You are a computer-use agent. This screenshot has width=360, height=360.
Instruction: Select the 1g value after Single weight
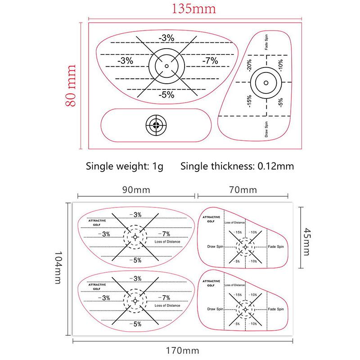[157, 166]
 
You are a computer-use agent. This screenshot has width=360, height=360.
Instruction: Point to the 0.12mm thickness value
[276, 166]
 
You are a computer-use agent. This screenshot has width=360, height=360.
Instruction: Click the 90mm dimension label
[136, 190]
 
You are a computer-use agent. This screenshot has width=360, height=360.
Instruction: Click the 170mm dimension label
[182, 350]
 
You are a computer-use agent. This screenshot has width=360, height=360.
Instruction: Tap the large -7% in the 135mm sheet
[210, 61]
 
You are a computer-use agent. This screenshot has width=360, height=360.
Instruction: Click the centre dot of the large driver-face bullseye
[166, 66]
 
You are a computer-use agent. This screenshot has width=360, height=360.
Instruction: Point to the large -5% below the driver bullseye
[166, 94]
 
